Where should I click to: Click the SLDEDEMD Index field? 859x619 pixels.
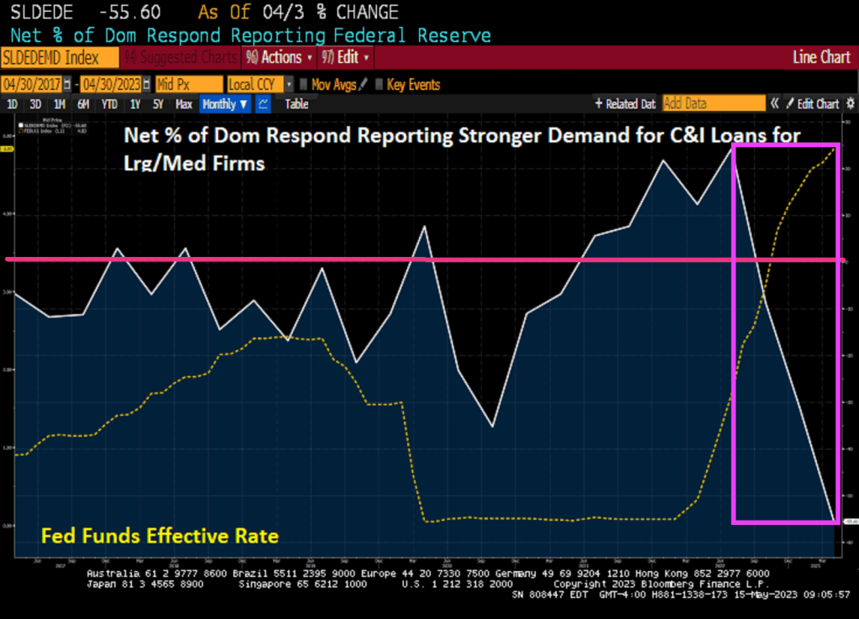click(50, 58)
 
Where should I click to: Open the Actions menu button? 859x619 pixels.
click(279, 58)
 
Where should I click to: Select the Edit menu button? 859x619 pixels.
click(345, 58)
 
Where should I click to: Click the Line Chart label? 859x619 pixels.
click(821, 58)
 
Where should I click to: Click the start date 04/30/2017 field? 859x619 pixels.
click(34, 85)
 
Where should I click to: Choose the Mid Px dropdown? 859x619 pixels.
click(188, 85)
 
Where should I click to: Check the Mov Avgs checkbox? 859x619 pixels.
click(305, 85)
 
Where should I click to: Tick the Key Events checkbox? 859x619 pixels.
click(380, 85)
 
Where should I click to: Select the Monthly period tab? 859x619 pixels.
click(224, 104)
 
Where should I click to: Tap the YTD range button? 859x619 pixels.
click(109, 104)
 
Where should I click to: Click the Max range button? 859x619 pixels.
click(184, 104)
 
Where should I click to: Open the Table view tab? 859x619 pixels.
click(296, 104)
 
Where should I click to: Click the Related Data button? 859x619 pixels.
click(626, 104)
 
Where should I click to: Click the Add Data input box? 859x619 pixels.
click(714, 104)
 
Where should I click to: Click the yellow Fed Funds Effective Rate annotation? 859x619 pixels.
click(160, 535)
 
